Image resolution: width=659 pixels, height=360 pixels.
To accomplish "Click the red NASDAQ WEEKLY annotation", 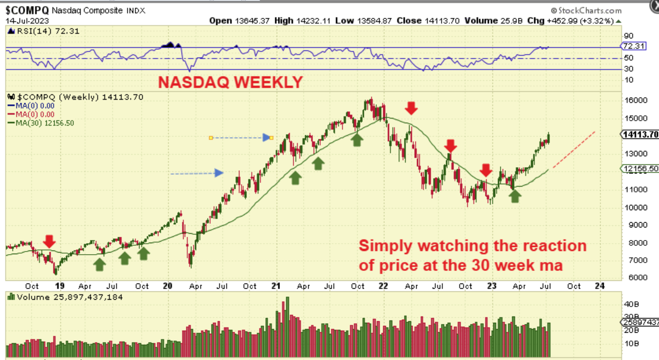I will tap(231, 82).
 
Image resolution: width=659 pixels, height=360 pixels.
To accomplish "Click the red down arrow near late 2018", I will tap(49, 241).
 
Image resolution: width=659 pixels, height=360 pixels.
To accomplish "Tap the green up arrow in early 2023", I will tap(516, 196).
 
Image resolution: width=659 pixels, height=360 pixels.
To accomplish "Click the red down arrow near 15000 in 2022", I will tap(412, 108).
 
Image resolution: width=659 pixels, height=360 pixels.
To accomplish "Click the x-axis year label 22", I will tap(383, 286).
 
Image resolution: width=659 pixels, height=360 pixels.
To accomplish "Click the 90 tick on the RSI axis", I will tap(628, 36).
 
